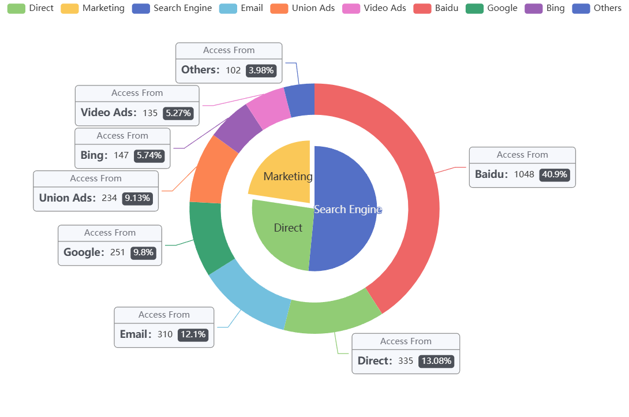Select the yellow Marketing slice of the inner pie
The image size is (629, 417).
coord(280,173)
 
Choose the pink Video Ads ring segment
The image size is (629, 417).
coord(268,105)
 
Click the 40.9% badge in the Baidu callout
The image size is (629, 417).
coord(555,174)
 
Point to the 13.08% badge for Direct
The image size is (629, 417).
coord(436,361)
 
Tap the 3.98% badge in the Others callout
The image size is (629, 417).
coord(262,70)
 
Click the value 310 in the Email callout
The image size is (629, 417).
coord(165,334)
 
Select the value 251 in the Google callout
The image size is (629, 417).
coord(118,252)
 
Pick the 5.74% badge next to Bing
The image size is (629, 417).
coord(149,155)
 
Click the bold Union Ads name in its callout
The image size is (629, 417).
coord(67,198)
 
